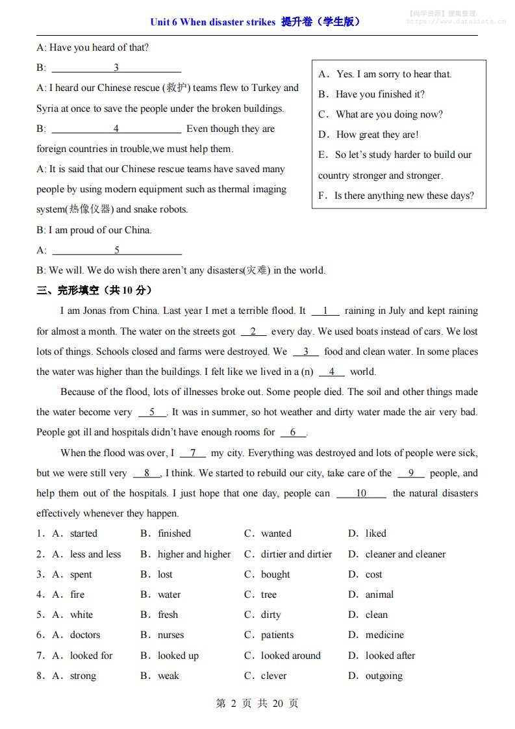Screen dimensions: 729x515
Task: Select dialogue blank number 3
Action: pos(116,68)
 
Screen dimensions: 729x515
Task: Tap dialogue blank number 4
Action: pos(116,129)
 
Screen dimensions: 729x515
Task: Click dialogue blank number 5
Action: pos(117,250)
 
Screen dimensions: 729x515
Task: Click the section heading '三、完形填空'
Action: pos(94,290)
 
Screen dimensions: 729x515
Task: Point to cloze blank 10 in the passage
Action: pos(361,493)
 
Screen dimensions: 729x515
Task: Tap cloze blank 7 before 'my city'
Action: pos(193,453)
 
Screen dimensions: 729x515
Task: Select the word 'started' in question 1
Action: pos(84,533)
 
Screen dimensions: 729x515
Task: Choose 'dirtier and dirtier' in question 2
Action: pos(296,554)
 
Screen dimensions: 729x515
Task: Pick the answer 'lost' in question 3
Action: pos(165,574)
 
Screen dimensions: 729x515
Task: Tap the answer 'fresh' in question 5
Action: pos(168,615)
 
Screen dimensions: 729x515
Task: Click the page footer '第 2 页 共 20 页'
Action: pos(257,703)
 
